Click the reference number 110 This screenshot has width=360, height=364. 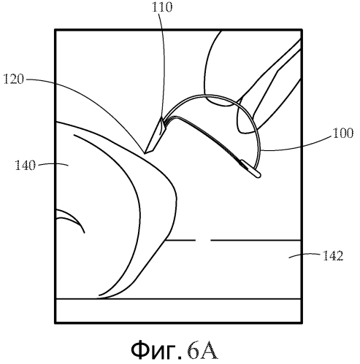coord(162,7)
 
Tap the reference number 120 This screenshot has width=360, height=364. coord(14,80)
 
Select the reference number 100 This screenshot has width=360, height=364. coord(343,133)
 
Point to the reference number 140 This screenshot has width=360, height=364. coord(26,166)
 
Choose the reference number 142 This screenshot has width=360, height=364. coord(333,256)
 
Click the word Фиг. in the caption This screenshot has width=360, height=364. coord(156,350)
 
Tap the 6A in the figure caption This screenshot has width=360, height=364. coord(202,350)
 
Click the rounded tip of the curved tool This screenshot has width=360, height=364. coord(258,175)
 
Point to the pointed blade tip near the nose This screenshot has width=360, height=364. coord(145,153)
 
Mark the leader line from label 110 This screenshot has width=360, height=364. coord(163,66)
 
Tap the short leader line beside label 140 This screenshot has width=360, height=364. coord(53,164)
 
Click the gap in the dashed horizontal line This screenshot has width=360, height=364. coord(203,240)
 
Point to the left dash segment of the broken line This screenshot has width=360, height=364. coord(180,240)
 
